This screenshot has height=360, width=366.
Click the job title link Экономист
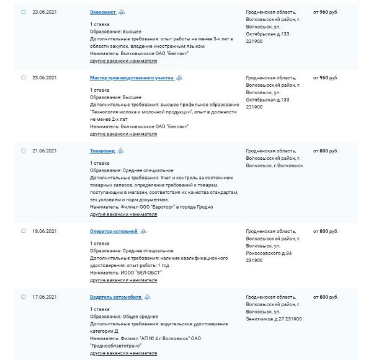click(x=102, y=12)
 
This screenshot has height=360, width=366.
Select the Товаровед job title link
click(x=102, y=151)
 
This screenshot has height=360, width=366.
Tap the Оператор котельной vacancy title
click(x=114, y=230)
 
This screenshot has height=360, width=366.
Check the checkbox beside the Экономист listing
click(x=24, y=12)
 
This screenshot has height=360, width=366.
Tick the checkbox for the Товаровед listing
click(x=24, y=151)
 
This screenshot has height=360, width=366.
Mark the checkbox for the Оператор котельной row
click(x=24, y=230)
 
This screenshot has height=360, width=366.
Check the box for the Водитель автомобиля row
click(x=24, y=297)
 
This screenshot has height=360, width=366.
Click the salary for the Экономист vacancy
click(x=326, y=12)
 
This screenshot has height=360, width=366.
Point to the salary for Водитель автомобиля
click(x=326, y=297)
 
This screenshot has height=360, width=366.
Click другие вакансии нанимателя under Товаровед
click(x=123, y=214)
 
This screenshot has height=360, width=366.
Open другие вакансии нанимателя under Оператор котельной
click(x=123, y=281)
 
